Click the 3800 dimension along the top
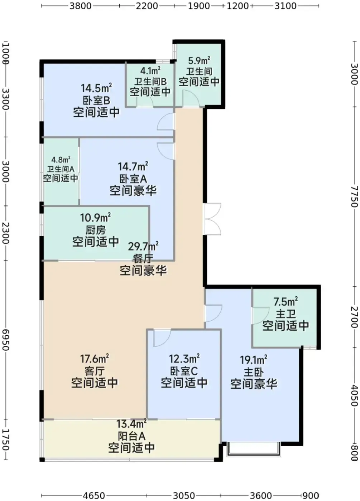coord(80,6)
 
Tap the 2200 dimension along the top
coord(147,6)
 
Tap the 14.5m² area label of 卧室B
coord(96,88)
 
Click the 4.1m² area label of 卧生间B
coord(150,71)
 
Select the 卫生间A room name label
coord(61,169)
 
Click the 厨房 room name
coord(96,230)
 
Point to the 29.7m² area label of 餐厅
coord(143,247)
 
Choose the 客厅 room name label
coord(95,371)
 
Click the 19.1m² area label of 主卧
coord(254,360)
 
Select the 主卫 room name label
coord(285,314)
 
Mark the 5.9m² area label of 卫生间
coord(199,60)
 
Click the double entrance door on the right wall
coord(213,219)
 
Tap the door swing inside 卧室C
coord(162,338)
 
